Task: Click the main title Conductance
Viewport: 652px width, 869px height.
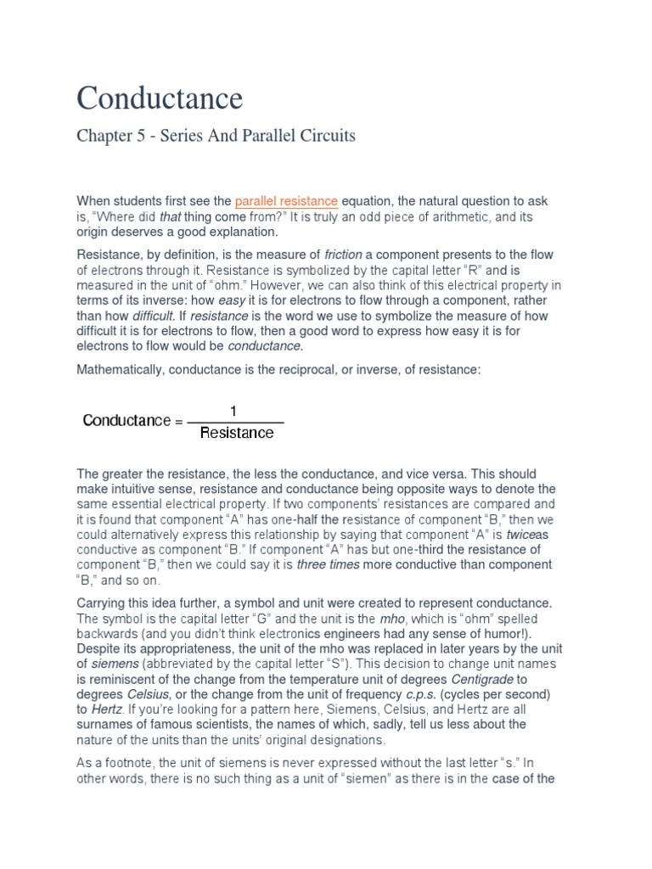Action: (x=160, y=98)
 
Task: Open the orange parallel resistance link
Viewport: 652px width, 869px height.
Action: (x=286, y=201)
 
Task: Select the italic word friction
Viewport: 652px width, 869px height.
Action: (x=342, y=255)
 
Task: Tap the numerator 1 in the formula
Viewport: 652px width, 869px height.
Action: (x=234, y=411)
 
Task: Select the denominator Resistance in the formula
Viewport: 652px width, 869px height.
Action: (x=236, y=434)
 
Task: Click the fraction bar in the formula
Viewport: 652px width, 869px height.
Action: (x=235, y=422)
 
